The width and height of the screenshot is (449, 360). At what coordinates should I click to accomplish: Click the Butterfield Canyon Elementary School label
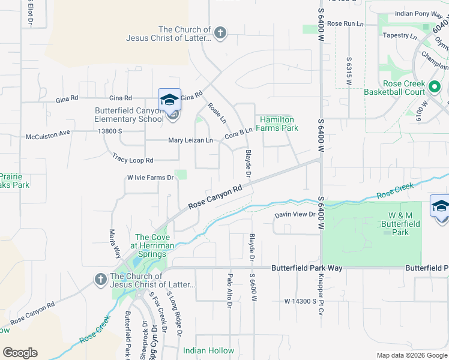(129, 115)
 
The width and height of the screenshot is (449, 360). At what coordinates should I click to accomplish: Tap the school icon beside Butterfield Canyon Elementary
(169, 99)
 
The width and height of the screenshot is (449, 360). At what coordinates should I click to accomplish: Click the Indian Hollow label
(208, 350)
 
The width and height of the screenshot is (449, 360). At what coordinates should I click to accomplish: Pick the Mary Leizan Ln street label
(190, 140)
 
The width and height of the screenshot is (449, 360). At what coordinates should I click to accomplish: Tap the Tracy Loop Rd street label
(133, 160)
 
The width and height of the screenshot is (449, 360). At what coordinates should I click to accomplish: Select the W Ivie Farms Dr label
(149, 177)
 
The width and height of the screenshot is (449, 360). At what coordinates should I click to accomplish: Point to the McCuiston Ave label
(48, 137)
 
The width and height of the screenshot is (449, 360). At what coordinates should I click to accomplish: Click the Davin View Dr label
(295, 214)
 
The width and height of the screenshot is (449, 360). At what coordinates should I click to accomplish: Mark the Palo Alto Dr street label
(229, 292)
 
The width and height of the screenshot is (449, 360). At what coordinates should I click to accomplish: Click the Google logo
(20, 353)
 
